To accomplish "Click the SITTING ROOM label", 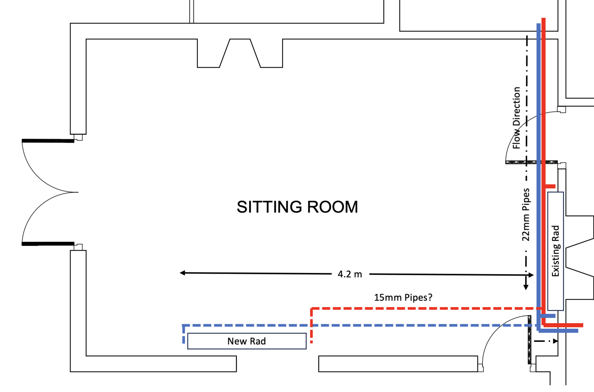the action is (x=297, y=207).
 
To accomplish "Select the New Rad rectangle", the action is (x=247, y=341).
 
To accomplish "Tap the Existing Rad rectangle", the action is (x=555, y=251).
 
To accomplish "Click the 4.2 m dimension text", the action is (x=350, y=274).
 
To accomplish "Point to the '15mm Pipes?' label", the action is (x=403, y=297).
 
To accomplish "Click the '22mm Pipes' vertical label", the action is (x=526, y=214).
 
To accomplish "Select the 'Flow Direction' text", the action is (x=516, y=118).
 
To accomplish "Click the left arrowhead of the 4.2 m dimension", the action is (x=182, y=273).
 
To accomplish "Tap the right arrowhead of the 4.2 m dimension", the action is (x=531, y=275).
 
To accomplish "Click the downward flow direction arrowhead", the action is (x=526, y=287).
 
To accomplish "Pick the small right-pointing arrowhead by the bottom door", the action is (x=555, y=341).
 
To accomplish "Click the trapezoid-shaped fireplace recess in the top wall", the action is (x=240, y=53).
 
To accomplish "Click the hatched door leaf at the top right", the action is (x=531, y=162).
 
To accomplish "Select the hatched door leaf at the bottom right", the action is (x=529, y=340).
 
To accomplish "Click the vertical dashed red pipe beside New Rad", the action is (x=311, y=326).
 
